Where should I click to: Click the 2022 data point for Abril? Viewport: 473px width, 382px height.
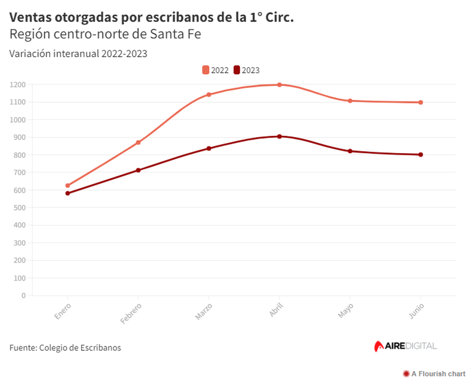tap(279, 85)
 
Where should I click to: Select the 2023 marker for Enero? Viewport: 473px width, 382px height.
tap(68, 193)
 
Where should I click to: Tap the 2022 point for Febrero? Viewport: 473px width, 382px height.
tap(138, 142)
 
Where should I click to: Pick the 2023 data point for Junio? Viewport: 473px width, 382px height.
tap(421, 155)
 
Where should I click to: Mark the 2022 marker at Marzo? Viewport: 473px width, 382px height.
tap(209, 95)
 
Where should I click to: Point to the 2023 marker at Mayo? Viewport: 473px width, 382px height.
tap(350, 151)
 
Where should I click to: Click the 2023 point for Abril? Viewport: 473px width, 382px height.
tap(279, 137)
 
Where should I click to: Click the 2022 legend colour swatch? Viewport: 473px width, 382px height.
tap(206, 70)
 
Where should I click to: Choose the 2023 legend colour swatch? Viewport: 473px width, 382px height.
tap(236, 70)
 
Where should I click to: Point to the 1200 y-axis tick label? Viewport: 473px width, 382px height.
tap(18, 84)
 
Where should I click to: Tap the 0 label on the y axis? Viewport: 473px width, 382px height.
tap(24, 296)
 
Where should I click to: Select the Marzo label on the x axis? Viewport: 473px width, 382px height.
tap(204, 311)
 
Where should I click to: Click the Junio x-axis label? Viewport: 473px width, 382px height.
tap(417, 311)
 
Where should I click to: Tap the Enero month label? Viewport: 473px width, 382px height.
tap(63, 311)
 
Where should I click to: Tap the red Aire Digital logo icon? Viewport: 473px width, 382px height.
tap(379, 346)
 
